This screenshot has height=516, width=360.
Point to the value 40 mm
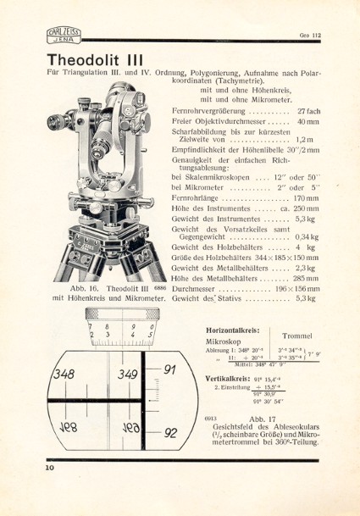click(307, 124)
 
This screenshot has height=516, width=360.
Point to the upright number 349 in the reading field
click(129, 375)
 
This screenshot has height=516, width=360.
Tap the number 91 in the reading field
click(169, 369)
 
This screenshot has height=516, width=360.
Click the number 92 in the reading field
click(170, 432)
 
